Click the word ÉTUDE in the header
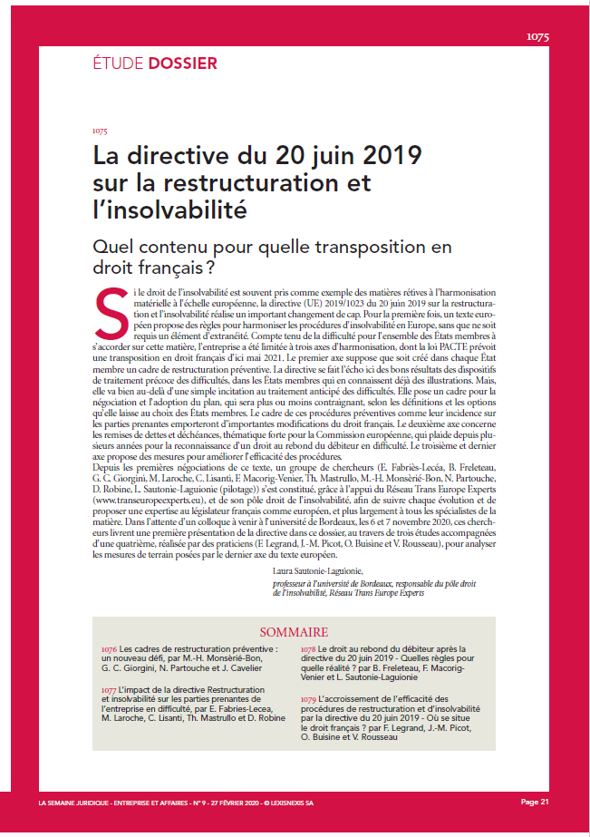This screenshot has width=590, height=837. tap(117, 63)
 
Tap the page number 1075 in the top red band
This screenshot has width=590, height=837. tap(537, 37)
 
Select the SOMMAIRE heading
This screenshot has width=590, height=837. tap(295, 631)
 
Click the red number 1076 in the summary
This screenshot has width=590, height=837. tap(110, 650)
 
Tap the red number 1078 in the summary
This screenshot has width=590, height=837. tap(308, 650)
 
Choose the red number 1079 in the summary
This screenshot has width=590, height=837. tap(308, 700)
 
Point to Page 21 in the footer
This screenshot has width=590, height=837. tap(535, 803)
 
